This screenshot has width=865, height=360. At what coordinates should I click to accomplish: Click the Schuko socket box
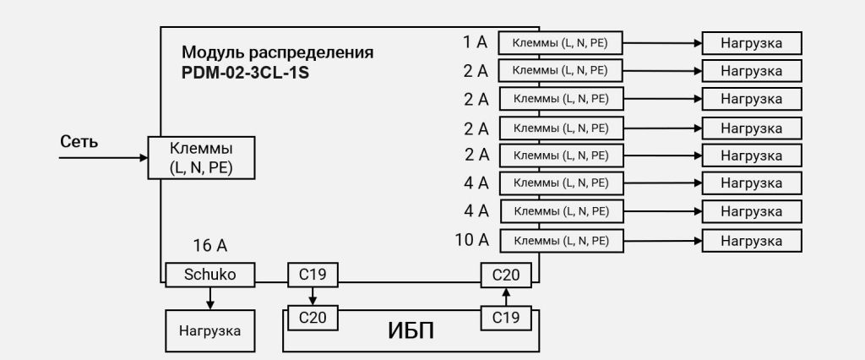point(210,275)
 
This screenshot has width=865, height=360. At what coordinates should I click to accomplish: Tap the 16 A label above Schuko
point(210,247)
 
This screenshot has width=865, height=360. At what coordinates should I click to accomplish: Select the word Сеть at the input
point(79,141)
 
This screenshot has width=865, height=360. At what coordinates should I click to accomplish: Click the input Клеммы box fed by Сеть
point(201,158)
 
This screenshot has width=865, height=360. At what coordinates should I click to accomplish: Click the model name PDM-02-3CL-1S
point(245,73)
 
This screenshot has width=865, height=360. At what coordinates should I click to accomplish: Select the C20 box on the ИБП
point(313,318)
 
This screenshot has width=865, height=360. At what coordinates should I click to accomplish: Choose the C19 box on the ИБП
point(506,318)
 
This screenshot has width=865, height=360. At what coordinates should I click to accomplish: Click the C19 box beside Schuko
point(313,275)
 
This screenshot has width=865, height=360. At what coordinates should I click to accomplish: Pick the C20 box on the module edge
point(506,275)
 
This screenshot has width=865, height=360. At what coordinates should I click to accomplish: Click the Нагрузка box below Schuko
point(209,330)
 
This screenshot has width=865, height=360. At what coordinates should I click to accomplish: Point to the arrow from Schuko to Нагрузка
point(210,297)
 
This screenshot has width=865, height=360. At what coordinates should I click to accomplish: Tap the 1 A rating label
point(476,41)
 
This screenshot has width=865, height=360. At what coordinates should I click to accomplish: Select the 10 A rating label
point(472,240)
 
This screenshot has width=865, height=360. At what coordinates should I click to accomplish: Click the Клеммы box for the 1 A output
point(561,42)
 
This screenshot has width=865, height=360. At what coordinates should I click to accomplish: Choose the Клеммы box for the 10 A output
point(561,241)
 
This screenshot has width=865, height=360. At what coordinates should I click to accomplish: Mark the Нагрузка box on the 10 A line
point(751,241)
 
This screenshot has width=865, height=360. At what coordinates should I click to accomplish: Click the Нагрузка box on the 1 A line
point(751,42)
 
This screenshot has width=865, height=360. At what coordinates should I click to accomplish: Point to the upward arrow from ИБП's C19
point(506,296)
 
